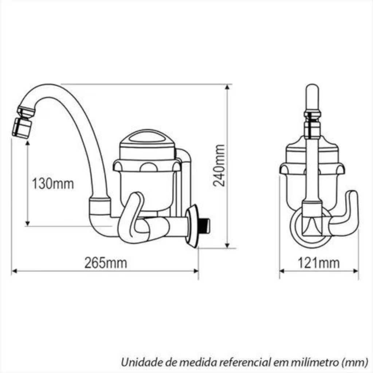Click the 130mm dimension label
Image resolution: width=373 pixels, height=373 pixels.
(x=53, y=184)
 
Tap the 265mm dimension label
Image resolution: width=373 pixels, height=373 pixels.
(x=106, y=263)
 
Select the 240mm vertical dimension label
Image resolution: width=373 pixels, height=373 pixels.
(x=219, y=165)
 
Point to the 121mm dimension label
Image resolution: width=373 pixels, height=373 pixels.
(x=318, y=263)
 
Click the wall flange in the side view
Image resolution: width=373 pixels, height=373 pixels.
(x=192, y=226)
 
